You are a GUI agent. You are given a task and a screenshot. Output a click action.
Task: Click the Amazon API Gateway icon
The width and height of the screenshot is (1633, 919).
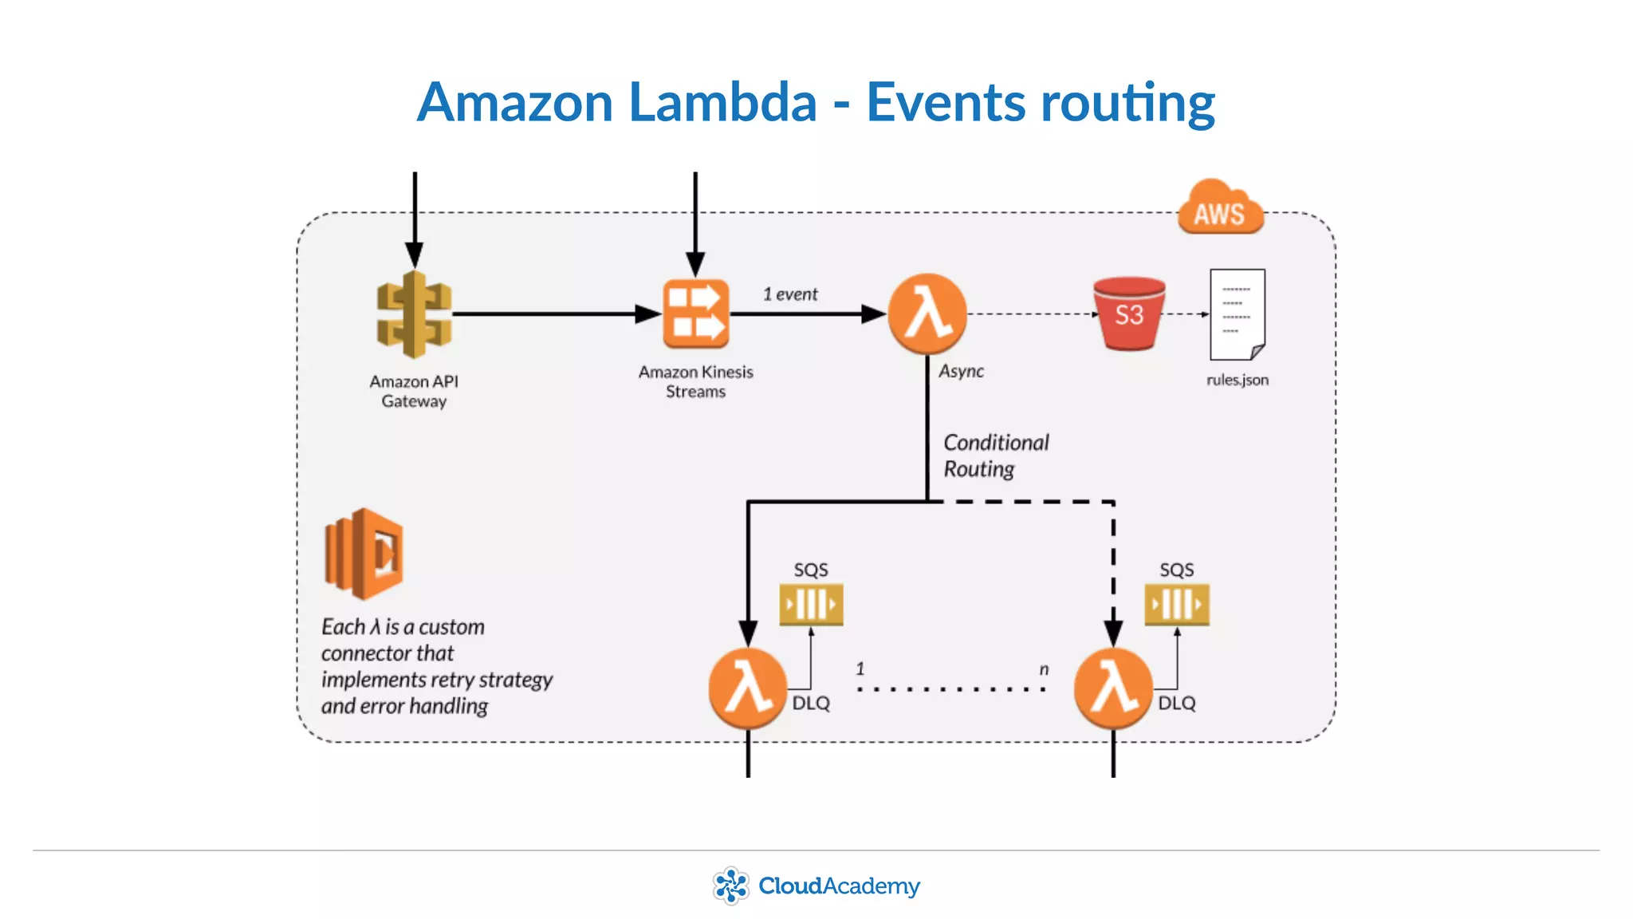click(x=414, y=314)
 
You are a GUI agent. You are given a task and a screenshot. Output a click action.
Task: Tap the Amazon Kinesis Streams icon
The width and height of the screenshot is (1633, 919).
click(x=695, y=314)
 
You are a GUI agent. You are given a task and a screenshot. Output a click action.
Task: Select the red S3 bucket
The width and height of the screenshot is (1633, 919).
click(x=1129, y=314)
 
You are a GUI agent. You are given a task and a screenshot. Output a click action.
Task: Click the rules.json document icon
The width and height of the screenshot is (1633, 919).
click(x=1237, y=315)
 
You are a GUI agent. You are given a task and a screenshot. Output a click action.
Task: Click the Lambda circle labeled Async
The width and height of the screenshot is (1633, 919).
click(x=927, y=314)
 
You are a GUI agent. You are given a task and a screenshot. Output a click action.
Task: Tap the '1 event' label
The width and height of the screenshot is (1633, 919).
click(x=789, y=294)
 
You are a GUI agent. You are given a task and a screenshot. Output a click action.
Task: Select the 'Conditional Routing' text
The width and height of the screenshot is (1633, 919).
click(x=995, y=456)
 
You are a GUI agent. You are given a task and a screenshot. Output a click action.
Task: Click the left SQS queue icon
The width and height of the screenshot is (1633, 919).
click(x=811, y=604)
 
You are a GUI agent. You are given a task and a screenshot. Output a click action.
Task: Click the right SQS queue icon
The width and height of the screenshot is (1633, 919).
click(x=1176, y=604)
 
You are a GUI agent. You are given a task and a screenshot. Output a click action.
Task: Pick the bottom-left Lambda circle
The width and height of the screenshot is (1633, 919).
click(x=748, y=688)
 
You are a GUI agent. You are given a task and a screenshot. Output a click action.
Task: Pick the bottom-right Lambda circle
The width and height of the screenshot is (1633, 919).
click(x=1113, y=688)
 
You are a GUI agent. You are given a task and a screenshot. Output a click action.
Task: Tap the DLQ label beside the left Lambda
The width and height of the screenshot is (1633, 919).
click(x=811, y=703)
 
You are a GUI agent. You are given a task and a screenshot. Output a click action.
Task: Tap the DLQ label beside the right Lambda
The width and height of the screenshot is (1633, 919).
click(x=1176, y=703)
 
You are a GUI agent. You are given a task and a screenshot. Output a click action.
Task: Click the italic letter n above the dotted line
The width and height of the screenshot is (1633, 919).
click(x=1044, y=669)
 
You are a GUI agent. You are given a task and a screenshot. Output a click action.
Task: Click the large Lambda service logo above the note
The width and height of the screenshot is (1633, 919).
click(x=364, y=554)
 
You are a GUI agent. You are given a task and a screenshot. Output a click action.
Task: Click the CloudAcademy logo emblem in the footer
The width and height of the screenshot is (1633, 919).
click(x=730, y=885)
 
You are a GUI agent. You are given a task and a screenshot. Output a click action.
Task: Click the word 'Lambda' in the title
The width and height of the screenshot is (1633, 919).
click(x=722, y=103)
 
